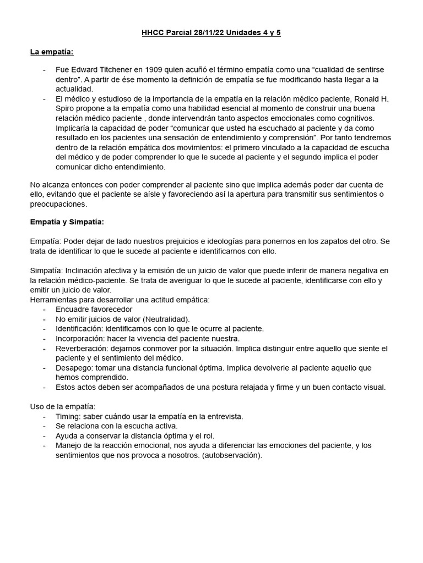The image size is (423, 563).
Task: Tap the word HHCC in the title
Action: [x=152, y=33]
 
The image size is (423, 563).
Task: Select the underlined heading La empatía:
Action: [x=51, y=52]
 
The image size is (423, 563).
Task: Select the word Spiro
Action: [x=66, y=109]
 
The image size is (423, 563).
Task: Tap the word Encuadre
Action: [x=72, y=310]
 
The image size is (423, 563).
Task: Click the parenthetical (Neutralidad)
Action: [x=166, y=319]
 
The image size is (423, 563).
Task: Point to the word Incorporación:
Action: [x=81, y=339]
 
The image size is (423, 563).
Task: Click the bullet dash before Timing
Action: [x=44, y=416]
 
